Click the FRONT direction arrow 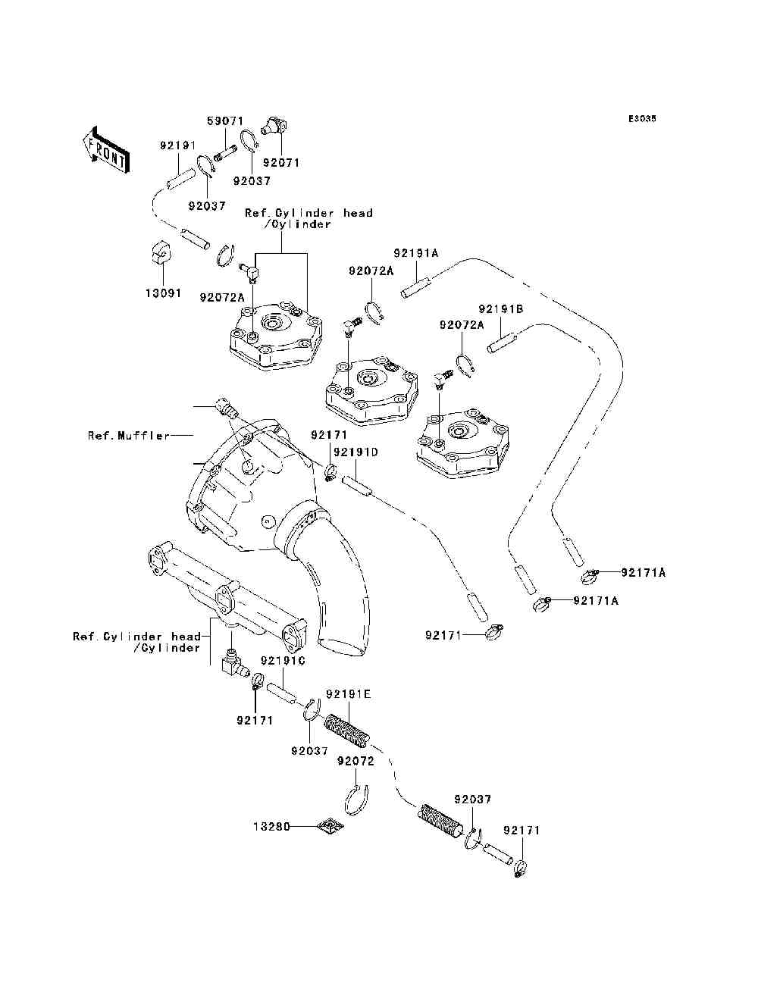coord(106,149)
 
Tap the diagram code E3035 coord(642,119)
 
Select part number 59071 coord(225,120)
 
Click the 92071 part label coord(281,162)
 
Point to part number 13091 coord(163,293)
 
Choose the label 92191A coord(416,253)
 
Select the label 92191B coord(501,309)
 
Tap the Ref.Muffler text coord(129,436)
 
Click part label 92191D coord(356,452)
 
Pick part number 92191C coord(283,661)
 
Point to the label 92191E coord(348,693)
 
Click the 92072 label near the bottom coord(356,761)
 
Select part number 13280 coord(271,827)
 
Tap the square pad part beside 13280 coord(330,826)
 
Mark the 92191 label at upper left coord(177,146)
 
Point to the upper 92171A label coord(644,573)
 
